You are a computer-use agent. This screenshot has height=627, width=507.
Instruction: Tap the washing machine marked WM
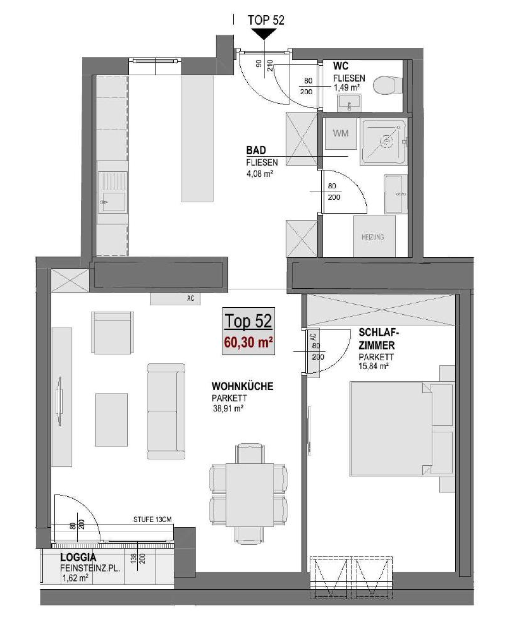tap(341, 133)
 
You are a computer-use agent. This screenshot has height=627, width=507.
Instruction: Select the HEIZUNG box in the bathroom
tap(374, 236)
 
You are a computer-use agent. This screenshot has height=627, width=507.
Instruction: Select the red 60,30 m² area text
tap(248, 343)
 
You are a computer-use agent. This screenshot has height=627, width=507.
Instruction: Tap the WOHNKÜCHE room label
tap(242, 386)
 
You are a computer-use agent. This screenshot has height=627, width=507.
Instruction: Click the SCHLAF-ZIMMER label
tap(379, 339)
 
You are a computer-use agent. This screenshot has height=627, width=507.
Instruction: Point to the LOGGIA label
tap(78, 557)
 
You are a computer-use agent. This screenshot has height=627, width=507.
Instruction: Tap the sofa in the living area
tap(166, 411)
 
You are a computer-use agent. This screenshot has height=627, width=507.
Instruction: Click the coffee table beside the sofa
tap(111, 419)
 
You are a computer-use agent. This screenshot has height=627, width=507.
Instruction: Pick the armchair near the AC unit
tap(113, 332)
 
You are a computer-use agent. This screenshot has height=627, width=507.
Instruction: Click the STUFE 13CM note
tap(152, 520)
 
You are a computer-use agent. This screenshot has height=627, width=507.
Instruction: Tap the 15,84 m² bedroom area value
tap(374, 365)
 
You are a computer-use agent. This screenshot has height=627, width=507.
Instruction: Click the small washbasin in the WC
tap(349, 103)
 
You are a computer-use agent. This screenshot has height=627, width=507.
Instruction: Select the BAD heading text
tap(256, 150)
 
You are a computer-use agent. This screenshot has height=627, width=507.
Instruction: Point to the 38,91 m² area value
tap(229, 409)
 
